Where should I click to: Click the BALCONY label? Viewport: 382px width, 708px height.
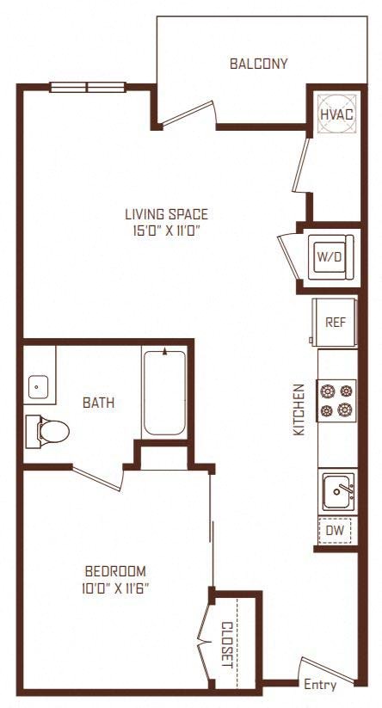258,64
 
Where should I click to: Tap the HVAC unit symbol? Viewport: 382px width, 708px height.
336,114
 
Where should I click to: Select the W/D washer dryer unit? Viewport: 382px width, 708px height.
330,257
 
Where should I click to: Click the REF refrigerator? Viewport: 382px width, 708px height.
335,322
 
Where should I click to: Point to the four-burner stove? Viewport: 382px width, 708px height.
336,401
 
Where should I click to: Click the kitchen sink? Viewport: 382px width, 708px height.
337,491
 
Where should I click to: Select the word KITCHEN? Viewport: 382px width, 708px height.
299,409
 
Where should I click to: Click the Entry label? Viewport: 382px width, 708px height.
320,685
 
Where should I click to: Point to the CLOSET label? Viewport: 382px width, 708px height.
227,645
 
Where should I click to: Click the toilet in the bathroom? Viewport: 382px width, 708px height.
47,431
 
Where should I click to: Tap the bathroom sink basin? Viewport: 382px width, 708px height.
39,387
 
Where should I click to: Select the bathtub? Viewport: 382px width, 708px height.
164,392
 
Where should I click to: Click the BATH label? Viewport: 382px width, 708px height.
98,403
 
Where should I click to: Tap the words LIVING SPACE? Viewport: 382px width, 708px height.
167,213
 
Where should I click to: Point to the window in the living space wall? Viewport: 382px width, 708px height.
88,87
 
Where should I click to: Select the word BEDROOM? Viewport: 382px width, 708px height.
115,571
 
